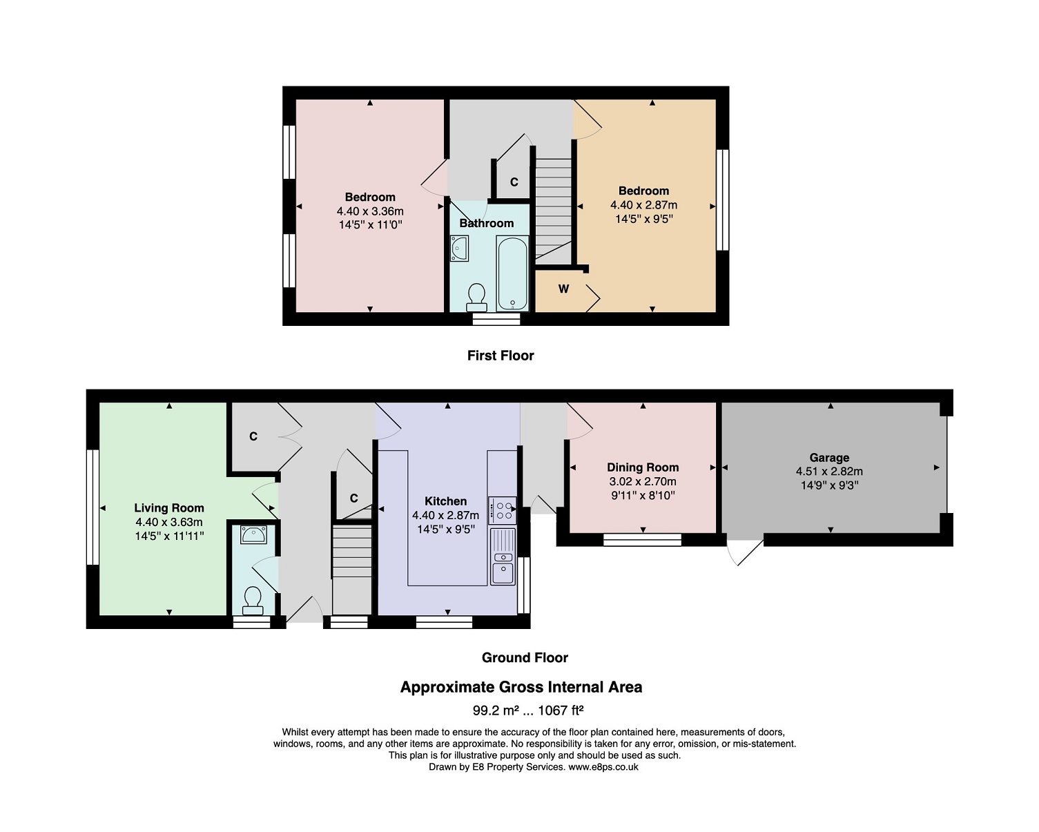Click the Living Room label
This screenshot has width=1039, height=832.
point(169,508)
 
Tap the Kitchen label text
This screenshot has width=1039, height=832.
point(445,501)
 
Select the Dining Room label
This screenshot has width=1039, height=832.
point(643,467)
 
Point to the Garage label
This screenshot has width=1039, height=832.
point(829,458)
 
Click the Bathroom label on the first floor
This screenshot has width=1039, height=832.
point(486,223)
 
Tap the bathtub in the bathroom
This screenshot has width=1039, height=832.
point(512,273)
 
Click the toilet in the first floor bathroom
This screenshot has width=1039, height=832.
point(476,298)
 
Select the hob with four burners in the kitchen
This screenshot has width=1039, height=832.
point(502,510)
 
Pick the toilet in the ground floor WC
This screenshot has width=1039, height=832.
point(253,601)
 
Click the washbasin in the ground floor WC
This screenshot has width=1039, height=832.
point(253,535)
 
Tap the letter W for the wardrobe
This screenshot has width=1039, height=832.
point(563,289)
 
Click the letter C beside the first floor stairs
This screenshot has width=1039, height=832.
point(514,182)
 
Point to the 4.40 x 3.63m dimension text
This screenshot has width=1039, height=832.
point(169,522)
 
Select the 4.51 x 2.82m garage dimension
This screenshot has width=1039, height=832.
point(829,472)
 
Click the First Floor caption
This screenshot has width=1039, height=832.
point(501,356)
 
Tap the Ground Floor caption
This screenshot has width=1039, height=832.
point(525,658)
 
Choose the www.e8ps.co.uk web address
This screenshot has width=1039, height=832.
point(603,767)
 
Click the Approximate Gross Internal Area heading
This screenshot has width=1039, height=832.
point(521,687)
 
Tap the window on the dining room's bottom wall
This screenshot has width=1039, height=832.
point(642,540)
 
